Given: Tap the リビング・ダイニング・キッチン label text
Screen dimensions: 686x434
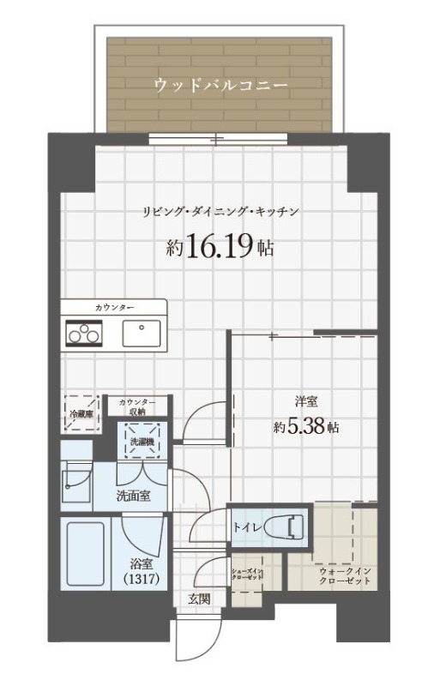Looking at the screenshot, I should click(x=220, y=212).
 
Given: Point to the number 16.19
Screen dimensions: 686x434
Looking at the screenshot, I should click(x=220, y=248).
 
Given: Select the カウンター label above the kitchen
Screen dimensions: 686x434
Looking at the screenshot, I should click(x=114, y=307).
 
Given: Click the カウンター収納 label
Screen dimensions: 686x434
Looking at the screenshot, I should click(x=137, y=406).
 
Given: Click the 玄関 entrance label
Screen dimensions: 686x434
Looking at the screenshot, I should click(x=200, y=599).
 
